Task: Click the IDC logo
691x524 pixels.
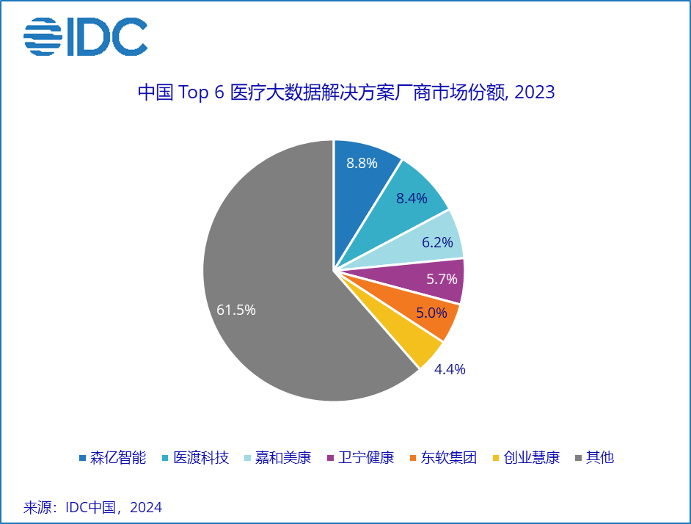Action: coord(85,36)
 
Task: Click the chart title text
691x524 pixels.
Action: coord(345,93)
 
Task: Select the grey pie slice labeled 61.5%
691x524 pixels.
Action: coord(271,294)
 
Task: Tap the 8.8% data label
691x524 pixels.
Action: coord(362,163)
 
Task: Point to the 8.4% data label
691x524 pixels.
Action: coord(412,198)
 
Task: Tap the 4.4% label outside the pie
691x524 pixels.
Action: coord(450,369)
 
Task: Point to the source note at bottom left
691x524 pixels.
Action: coord(93,507)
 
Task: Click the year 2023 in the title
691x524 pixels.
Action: coord(535,93)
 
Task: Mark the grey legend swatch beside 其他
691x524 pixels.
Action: coord(579,458)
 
